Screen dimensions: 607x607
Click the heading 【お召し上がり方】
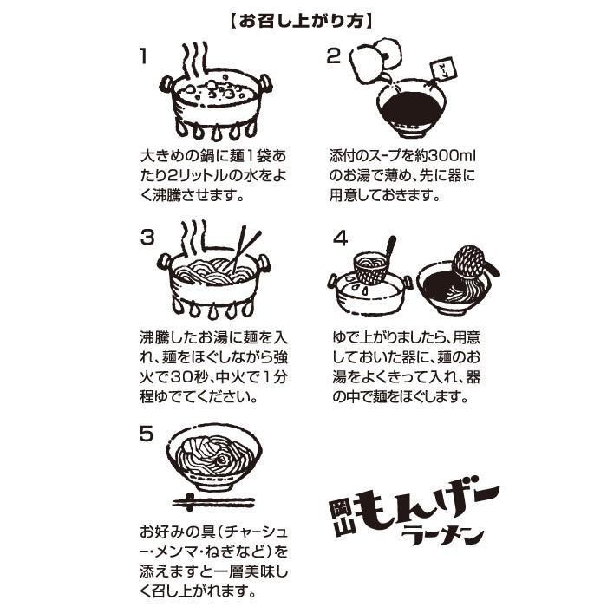(x=303, y=18)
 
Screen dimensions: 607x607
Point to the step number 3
(x=147, y=237)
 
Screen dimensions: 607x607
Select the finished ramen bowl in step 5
(x=213, y=460)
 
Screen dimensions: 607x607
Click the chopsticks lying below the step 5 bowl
(x=213, y=502)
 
